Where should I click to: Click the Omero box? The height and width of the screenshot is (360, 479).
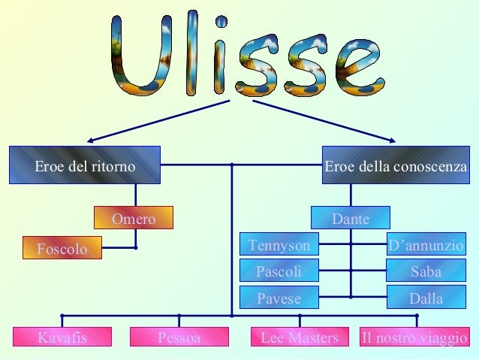pos(133,218)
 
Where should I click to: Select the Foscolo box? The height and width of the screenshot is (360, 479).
pos(62,248)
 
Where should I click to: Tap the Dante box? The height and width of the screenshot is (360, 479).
pos(351,218)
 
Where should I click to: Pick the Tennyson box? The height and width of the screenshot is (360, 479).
pos(279,244)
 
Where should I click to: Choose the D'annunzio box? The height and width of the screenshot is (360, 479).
pos(426,244)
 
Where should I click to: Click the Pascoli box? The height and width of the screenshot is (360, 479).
pos(279,271)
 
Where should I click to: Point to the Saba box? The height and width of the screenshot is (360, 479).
pos(426,271)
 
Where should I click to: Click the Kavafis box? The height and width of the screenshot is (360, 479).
pos(62,337)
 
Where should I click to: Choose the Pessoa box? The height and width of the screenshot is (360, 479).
pos(179,337)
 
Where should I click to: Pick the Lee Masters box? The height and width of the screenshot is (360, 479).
pos(300,337)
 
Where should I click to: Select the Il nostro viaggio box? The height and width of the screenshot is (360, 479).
pos(414,337)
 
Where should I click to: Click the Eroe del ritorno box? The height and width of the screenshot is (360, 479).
pos(85,165)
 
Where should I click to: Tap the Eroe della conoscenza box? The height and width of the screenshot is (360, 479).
pos(396,165)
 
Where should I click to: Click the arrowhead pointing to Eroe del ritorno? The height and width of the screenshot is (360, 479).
pos(92,140)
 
